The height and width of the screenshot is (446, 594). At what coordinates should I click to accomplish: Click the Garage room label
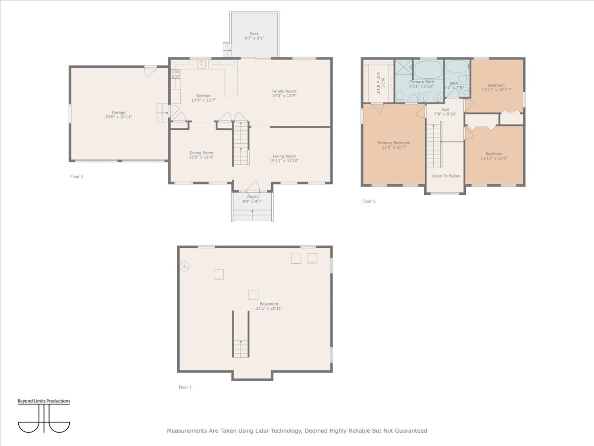(118, 112)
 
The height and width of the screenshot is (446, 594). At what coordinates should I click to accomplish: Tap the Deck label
(254, 34)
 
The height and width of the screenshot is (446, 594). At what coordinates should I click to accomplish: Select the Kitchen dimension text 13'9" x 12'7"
(203, 100)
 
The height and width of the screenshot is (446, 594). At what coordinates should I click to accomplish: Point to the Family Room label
(284, 91)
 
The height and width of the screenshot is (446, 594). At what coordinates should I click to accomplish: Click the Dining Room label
(201, 153)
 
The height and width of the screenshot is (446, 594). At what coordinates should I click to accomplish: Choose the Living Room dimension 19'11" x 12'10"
(284, 161)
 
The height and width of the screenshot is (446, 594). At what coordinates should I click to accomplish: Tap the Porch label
(252, 197)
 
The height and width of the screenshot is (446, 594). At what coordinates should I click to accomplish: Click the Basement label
(269, 304)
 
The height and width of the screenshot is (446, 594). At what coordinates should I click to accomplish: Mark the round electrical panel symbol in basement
(184, 266)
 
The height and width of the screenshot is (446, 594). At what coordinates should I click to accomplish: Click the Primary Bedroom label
(394, 143)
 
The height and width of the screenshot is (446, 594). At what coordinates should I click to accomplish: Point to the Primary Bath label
(421, 82)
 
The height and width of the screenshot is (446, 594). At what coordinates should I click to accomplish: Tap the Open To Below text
(445, 176)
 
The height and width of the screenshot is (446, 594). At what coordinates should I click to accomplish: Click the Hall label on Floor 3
(445, 110)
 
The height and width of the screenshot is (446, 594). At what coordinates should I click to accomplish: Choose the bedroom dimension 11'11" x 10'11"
(496, 90)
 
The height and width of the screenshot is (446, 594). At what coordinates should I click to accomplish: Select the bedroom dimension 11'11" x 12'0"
(494, 158)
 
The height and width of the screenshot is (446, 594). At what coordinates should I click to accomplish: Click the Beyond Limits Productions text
(44, 401)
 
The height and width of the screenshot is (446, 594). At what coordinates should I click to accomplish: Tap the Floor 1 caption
(185, 387)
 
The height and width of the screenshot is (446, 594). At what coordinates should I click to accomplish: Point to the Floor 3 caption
(369, 201)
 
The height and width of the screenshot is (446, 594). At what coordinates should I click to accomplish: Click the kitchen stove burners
(175, 74)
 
